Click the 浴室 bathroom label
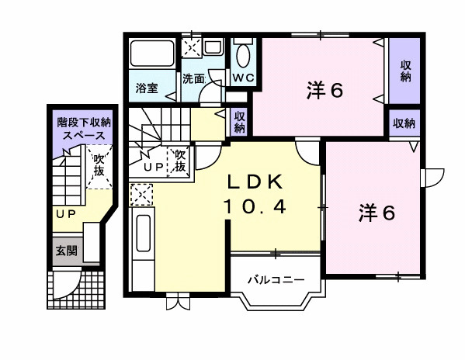click(x=147, y=88)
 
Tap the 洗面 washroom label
click(x=193, y=78)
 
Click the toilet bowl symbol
click(x=242, y=56)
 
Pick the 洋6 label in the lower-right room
click(x=377, y=212)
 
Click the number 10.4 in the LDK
click(x=257, y=206)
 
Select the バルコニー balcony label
click(x=271, y=279)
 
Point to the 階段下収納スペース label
click(x=84, y=128)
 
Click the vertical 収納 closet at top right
click(x=405, y=71)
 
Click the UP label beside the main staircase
click(x=153, y=166)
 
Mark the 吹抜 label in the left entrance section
click(x=101, y=165)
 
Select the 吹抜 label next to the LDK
click(x=179, y=161)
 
